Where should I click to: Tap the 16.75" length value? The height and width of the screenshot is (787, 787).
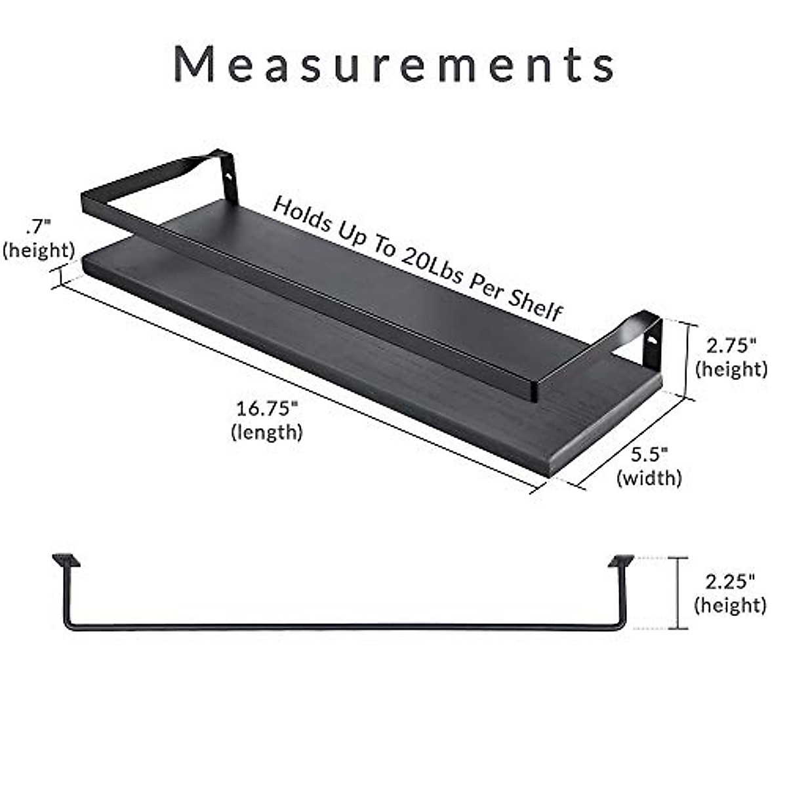tap(267, 409)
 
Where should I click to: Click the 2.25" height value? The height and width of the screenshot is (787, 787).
tap(730, 580)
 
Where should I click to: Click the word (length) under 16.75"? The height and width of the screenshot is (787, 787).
tap(267, 432)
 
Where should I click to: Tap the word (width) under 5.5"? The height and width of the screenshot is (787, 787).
tap(649, 477)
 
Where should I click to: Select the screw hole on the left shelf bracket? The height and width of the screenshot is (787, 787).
tap(230, 176)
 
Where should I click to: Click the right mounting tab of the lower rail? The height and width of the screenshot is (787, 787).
tap(621, 561)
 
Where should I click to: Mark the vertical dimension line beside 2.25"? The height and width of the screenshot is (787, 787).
tap(678, 592)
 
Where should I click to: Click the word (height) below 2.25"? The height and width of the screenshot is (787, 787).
tap(730, 605)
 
